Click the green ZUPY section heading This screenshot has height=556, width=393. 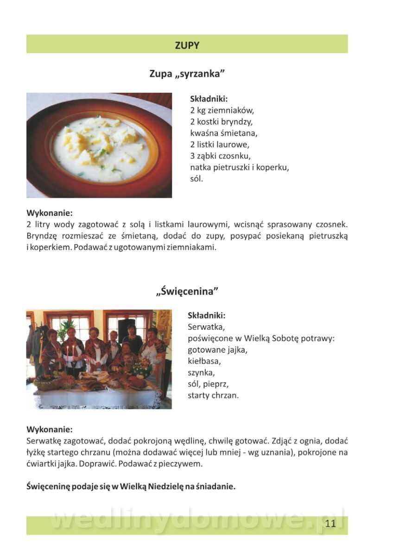(x=187, y=45)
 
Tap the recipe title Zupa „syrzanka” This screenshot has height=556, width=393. (x=187, y=73)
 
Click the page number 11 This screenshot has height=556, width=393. (x=330, y=524)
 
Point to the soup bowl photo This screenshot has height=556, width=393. (x=99, y=145)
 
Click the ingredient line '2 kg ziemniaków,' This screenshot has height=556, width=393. (x=222, y=111)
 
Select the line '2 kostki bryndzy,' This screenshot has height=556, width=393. (x=221, y=122)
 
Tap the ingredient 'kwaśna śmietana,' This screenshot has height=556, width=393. (x=223, y=133)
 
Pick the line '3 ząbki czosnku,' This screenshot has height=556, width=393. (x=220, y=156)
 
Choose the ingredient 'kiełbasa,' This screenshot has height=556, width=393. (x=204, y=361)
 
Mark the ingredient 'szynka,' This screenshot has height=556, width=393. (x=202, y=373)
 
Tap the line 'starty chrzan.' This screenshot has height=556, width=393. (x=213, y=395)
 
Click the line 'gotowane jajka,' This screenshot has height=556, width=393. (x=217, y=350)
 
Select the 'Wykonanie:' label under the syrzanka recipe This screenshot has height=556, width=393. (x=50, y=214)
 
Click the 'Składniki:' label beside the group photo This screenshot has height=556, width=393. (x=206, y=316)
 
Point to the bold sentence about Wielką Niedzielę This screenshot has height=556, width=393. (x=131, y=486)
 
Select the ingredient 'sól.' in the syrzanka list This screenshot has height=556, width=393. (x=196, y=178)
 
